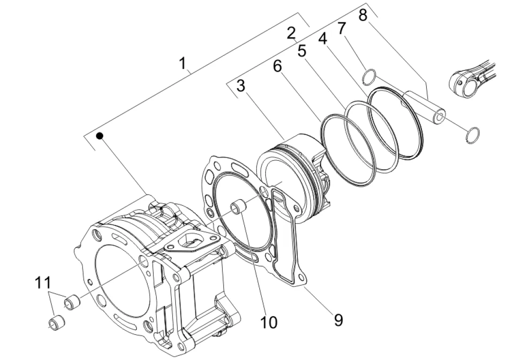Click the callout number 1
tap(182, 63)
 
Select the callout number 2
tap(291, 33)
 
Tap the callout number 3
tap(241, 86)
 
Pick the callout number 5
tap(302, 51)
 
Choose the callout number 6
tap(277, 66)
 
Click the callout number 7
tap(341, 29)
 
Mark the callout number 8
tap(363, 15)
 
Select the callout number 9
tap(339, 320)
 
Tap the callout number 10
tap(269, 322)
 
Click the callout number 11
tap(43, 283)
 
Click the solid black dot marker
tap(99, 136)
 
